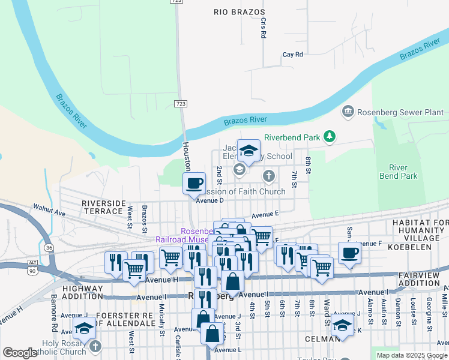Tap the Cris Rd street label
click(x=263, y=28)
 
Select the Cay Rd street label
click(x=292, y=55)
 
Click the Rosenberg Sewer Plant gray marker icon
click(x=347, y=112)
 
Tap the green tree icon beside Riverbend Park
click(x=329, y=137)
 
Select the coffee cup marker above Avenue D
click(x=193, y=183)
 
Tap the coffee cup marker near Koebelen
click(x=349, y=252)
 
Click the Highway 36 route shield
click(x=48, y=247)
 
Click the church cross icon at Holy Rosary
click(x=95, y=347)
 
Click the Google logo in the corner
click(x=20, y=353)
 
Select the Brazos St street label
click(x=145, y=219)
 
